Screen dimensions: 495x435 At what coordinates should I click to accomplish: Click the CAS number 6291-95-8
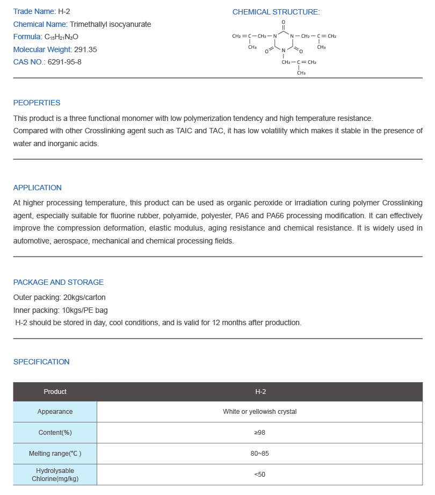click(x=64, y=62)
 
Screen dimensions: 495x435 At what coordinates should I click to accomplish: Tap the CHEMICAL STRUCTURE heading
click(x=275, y=12)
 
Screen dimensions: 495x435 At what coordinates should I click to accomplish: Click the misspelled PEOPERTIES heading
click(x=37, y=103)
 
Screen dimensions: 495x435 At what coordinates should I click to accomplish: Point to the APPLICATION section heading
click(x=37, y=188)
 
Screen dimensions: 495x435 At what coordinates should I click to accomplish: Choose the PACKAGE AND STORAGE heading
click(x=58, y=282)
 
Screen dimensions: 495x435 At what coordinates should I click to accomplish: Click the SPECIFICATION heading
click(x=41, y=362)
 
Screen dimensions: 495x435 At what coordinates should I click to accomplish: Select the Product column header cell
click(x=55, y=392)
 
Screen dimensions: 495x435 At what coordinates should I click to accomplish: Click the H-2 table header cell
click(x=260, y=392)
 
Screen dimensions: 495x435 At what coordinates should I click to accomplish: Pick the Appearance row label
click(x=55, y=412)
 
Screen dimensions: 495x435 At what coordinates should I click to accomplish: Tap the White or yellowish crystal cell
click(x=260, y=412)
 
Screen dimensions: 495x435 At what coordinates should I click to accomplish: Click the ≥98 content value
click(x=260, y=433)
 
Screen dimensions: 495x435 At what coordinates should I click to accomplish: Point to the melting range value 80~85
click(x=260, y=454)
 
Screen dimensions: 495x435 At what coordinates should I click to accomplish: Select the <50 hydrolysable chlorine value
click(x=260, y=475)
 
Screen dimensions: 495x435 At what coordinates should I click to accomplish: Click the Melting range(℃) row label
click(x=55, y=454)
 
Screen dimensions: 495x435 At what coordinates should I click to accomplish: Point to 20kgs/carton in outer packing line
click(x=84, y=297)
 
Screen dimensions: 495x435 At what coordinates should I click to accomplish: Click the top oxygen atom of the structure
click(x=283, y=22)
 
